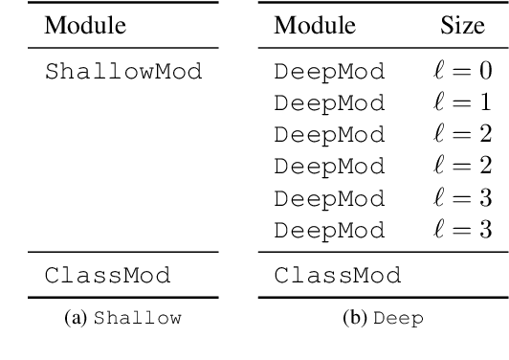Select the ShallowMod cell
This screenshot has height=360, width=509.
(x=109, y=72)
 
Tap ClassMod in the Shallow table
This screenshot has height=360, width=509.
(x=107, y=278)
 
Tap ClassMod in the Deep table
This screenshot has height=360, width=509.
(x=336, y=278)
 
